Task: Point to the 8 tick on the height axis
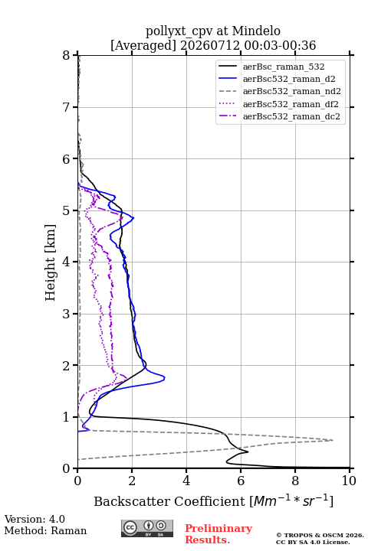[x=67, y=55]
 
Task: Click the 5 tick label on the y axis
[x=67, y=211]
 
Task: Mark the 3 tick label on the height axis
[x=67, y=314]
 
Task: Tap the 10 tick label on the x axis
[x=349, y=481]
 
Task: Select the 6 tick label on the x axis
[x=241, y=481]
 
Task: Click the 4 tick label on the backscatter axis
[x=186, y=481]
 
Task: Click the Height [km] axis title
[x=51, y=262]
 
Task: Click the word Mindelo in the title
[x=256, y=31]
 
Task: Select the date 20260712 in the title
[x=211, y=46]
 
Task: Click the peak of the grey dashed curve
[x=333, y=440]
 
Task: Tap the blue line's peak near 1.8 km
[x=165, y=378]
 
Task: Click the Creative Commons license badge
[x=147, y=529]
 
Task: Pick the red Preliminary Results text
[x=219, y=534]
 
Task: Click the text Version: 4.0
[x=34, y=520]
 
